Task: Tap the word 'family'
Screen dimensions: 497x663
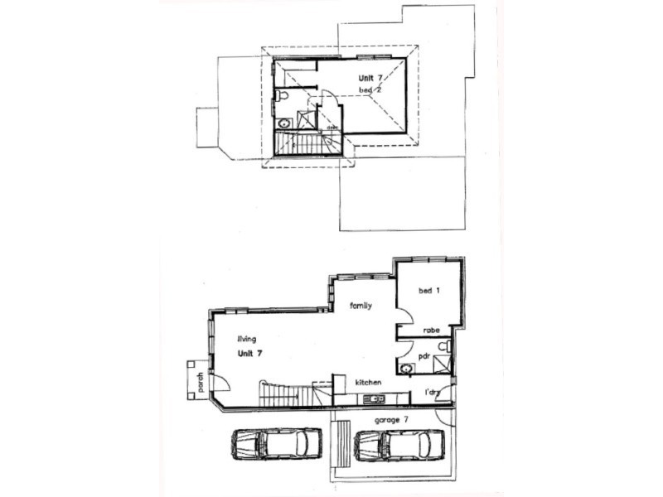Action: [360, 306]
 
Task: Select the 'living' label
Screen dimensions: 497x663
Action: [246, 338]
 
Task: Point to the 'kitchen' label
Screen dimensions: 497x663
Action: [368, 383]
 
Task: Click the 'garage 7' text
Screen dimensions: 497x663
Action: [392, 420]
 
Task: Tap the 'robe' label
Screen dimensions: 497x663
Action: [431, 330]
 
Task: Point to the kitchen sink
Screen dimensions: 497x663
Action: [375, 400]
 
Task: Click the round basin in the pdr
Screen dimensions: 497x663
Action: [406, 367]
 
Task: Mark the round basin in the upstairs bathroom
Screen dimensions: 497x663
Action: [284, 123]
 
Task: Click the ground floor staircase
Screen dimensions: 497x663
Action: [286, 395]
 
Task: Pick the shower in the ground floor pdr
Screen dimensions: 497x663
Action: [443, 363]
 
